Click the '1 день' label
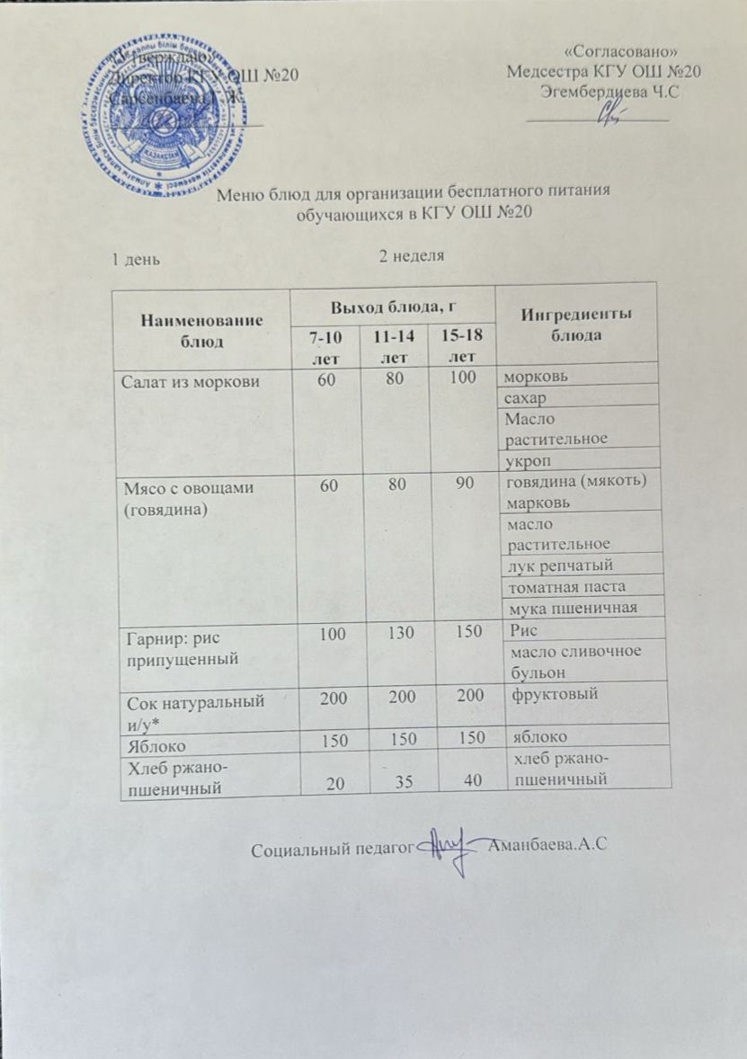(136, 259)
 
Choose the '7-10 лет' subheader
(325, 347)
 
